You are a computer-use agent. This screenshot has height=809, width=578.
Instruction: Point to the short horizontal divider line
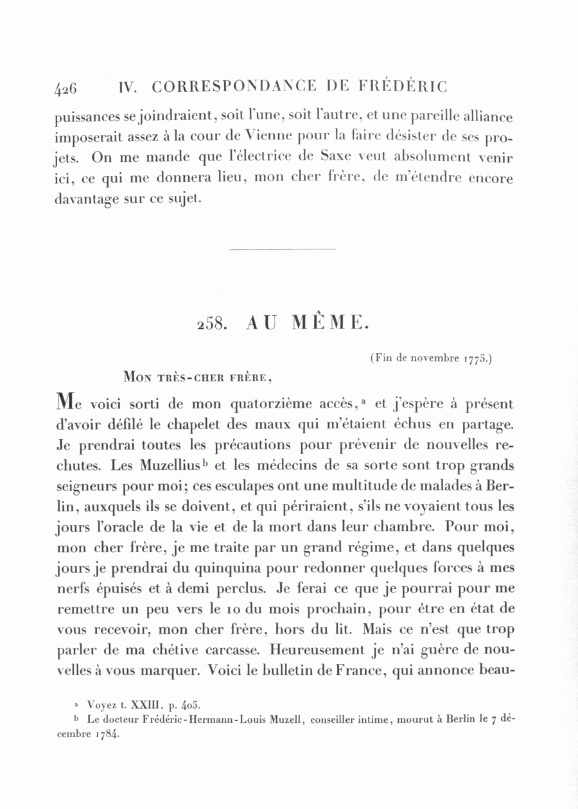tap(282, 248)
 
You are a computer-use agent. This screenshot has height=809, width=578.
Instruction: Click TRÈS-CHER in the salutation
tap(186, 377)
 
